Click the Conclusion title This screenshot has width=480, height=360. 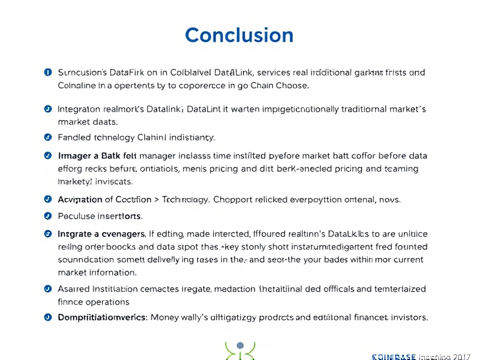239,35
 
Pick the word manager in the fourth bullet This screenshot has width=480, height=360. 153,156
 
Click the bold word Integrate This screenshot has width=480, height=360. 79,233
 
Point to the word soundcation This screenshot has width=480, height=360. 86,259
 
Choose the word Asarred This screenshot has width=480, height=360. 75,289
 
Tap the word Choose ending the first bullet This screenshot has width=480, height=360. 293,85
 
